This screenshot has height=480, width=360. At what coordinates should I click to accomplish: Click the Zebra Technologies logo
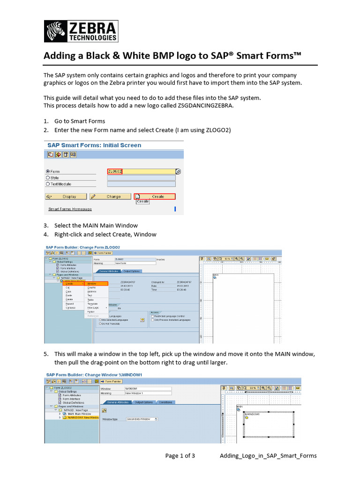(x=81, y=31)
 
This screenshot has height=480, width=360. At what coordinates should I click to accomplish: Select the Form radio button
(x=48, y=172)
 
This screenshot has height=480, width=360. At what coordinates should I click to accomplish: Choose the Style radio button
(x=48, y=178)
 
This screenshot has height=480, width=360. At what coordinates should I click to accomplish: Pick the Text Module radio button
(x=48, y=184)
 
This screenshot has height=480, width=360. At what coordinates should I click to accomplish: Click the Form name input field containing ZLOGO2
(x=141, y=172)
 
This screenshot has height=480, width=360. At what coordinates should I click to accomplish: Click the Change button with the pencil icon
(x=111, y=196)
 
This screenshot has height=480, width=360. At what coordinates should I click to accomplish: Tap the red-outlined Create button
(x=155, y=196)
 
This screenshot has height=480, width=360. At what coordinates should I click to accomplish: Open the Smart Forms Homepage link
(x=70, y=209)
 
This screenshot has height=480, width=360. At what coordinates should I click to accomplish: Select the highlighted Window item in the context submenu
(x=96, y=284)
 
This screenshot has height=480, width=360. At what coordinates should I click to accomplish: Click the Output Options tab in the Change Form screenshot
(x=132, y=271)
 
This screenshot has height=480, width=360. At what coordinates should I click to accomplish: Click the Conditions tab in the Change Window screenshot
(x=165, y=402)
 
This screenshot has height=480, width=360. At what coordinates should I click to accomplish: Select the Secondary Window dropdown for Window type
(x=142, y=419)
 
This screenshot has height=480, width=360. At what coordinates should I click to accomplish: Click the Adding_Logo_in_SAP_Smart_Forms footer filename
(x=268, y=456)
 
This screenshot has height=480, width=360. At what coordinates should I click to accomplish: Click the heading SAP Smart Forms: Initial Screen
(x=94, y=145)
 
